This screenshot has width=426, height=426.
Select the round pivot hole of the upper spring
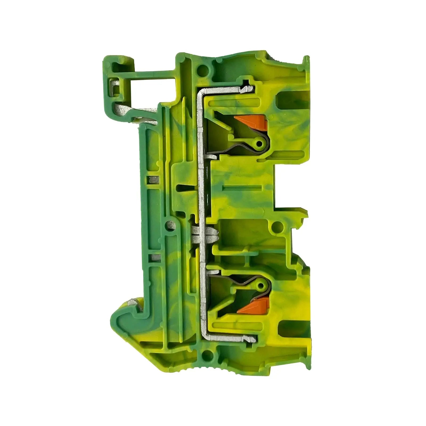tap(258, 144)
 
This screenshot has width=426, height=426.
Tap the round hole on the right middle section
tap(278, 227)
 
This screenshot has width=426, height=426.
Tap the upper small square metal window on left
tap(152, 180)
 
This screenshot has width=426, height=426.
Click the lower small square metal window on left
tap(152, 257)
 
